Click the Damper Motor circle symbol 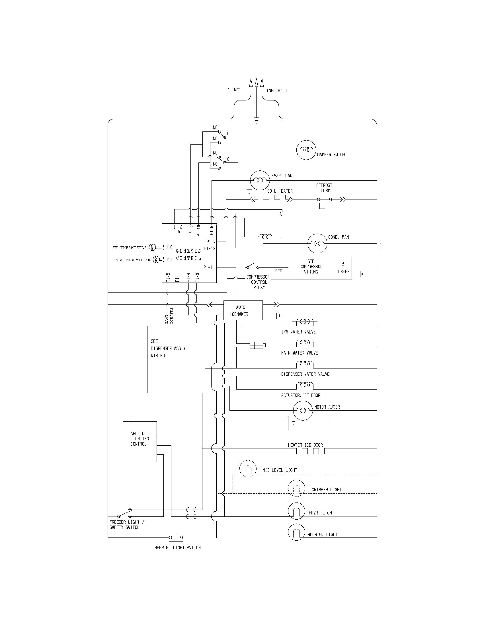[x=306, y=150]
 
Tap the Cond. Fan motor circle [x=317, y=243]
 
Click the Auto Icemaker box [x=243, y=310]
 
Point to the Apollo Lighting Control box [x=140, y=441]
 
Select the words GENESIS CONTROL [x=188, y=254]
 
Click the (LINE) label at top [x=234, y=90]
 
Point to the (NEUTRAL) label [x=277, y=90]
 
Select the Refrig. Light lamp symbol [x=296, y=533]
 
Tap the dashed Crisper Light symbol [x=296, y=488]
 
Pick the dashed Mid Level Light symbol [x=248, y=469]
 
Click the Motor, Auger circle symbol [x=302, y=410]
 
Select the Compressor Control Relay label [x=258, y=282]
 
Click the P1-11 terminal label [x=209, y=267]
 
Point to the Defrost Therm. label [x=324, y=188]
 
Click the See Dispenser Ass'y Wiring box [x=176, y=359]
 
